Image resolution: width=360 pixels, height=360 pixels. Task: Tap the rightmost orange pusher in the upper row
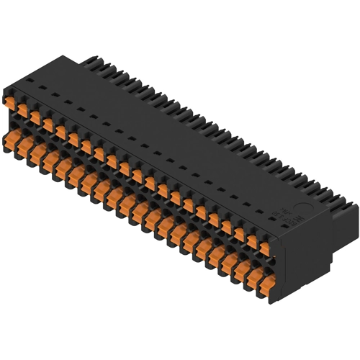pyautogui.click(x=264, y=248)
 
